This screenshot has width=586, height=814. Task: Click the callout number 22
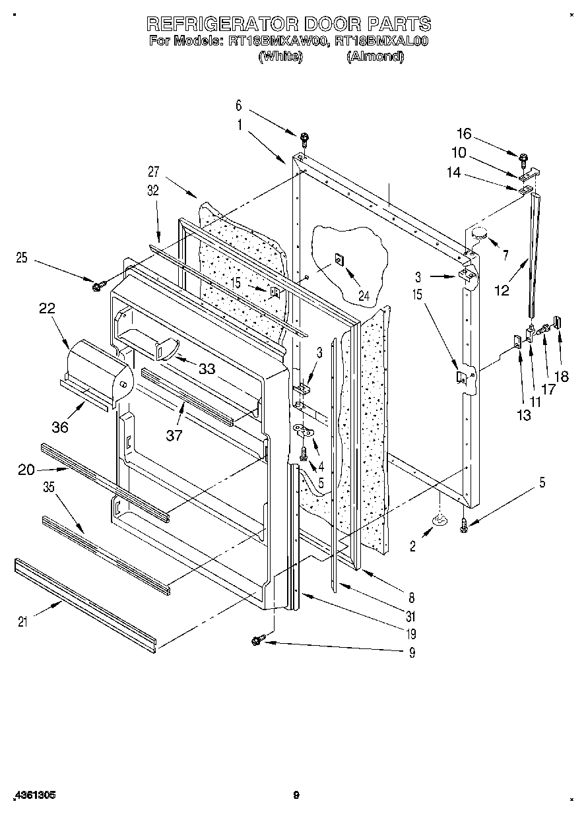(46, 308)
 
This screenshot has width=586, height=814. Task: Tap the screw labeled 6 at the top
(304, 139)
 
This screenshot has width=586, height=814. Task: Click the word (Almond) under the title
(375, 57)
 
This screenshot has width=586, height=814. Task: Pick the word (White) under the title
(280, 57)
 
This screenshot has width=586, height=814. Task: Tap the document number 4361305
(33, 796)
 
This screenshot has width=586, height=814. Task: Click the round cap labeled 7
(480, 232)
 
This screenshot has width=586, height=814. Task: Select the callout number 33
(207, 369)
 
